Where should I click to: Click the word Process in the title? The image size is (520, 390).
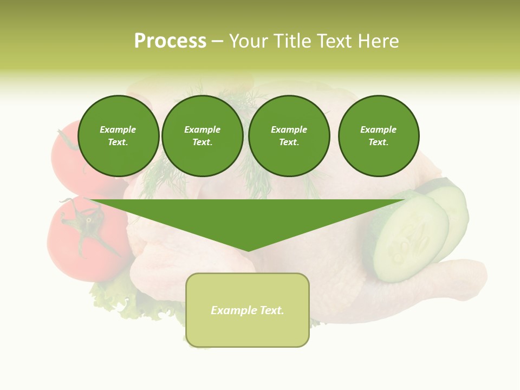[x=170, y=41]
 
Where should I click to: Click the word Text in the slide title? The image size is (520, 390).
[x=337, y=41]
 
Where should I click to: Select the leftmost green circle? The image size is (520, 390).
[x=119, y=136]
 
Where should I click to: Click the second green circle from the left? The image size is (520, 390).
[x=203, y=136]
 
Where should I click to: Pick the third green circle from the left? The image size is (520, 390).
[x=289, y=136]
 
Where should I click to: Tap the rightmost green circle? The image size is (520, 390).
[x=379, y=136]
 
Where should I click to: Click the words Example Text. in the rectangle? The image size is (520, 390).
[x=248, y=310]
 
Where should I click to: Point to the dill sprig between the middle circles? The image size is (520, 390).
[x=246, y=162]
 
